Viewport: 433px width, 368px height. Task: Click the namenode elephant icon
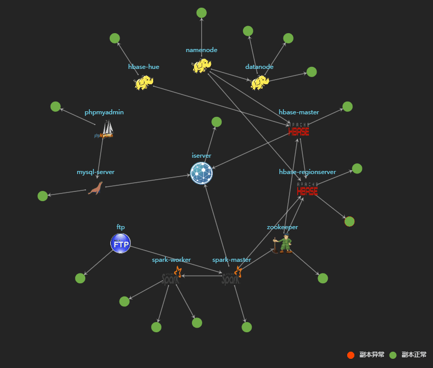(x=202, y=65)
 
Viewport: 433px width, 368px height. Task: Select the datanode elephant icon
(x=259, y=82)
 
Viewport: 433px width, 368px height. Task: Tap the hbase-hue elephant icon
(x=144, y=82)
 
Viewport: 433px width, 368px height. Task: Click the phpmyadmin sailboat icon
(x=105, y=129)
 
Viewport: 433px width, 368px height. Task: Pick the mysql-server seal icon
(x=95, y=188)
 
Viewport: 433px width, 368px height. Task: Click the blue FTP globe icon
(x=121, y=243)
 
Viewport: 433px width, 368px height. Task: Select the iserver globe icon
(x=202, y=173)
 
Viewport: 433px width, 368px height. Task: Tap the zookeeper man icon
(x=283, y=243)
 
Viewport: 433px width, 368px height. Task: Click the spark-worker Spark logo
(x=172, y=276)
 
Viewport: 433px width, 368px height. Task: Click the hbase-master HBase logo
(x=299, y=130)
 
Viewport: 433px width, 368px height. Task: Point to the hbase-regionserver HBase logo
(x=307, y=189)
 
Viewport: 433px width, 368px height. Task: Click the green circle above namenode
(x=202, y=13)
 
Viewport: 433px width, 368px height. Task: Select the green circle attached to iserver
(x=216, y=122)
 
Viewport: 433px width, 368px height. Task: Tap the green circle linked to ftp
(x=80, y=278)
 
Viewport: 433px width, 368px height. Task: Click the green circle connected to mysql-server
(x=42, y=196)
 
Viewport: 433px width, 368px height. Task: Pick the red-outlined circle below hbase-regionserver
(x=350, y=222)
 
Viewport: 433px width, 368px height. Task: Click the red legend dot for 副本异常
(x=351, y=355)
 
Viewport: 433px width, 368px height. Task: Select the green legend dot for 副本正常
(x=393, y=355)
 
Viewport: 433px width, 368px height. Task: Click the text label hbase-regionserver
(x=307, y=172)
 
